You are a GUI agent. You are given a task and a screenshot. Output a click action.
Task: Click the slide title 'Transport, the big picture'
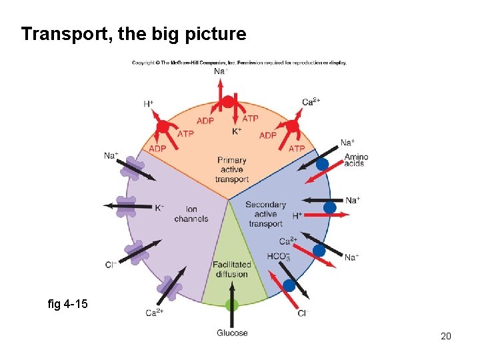133,34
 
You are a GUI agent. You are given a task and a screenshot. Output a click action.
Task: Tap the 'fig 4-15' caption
68,304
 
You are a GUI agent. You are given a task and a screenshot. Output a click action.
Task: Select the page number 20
446,336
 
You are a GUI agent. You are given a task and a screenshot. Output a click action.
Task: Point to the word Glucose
232,333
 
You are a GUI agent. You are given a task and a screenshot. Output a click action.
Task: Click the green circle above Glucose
232,306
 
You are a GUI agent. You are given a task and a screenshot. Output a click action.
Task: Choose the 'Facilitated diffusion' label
232,269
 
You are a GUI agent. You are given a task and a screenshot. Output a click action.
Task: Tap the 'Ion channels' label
191,214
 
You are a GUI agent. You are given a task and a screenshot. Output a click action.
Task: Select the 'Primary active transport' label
232,169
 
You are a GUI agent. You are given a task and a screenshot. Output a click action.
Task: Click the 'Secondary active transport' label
265,214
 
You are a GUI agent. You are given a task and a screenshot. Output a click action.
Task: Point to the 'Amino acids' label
356,160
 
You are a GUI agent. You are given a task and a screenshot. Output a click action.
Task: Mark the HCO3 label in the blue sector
278,257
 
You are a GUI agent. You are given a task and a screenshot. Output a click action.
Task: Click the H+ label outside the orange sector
148,104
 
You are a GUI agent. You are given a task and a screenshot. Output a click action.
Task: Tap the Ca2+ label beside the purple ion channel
154,312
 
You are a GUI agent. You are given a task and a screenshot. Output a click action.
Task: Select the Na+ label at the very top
221,71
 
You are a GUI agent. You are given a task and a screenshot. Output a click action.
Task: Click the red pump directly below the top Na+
228,102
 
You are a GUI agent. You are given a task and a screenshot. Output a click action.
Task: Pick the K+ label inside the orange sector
237,131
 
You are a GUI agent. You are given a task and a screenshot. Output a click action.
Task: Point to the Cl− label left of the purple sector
111,265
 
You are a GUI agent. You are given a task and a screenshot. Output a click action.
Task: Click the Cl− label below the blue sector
303,313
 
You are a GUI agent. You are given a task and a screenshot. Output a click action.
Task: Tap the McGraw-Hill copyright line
239,63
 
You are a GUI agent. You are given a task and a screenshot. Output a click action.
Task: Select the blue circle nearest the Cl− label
289,285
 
